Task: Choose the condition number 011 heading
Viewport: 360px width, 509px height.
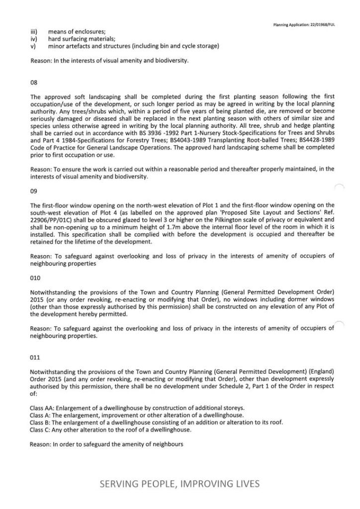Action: coord(35,357)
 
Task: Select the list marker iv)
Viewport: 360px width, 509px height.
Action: coord(33,39)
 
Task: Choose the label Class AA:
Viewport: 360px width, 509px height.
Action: coord(42,408)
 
